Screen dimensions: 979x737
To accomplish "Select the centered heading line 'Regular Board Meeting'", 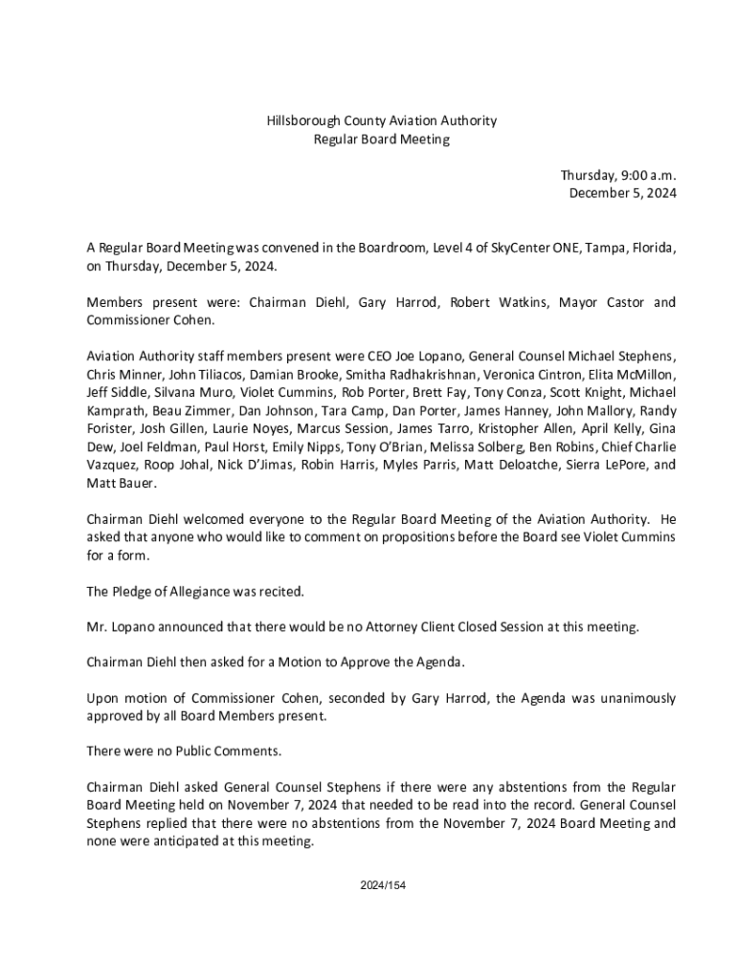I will (381, 140).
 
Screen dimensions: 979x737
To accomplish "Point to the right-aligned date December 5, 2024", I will (623, 193).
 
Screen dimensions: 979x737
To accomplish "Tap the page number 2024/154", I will (382, 885).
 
